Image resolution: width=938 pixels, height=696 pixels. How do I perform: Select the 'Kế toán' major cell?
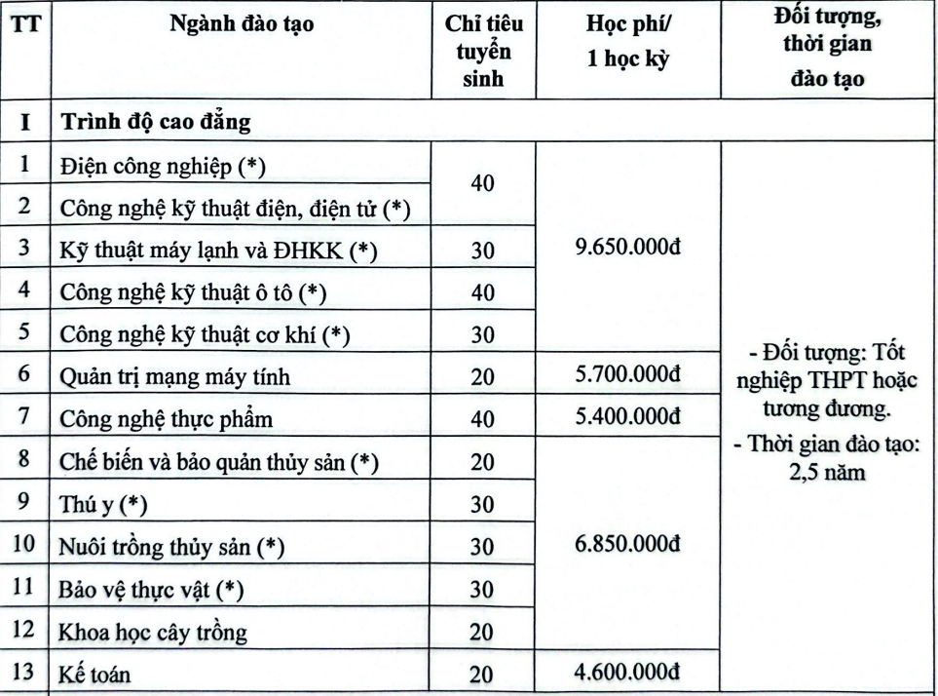tap(95, 673)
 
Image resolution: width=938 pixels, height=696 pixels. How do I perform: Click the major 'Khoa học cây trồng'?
tap(153, 632)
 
